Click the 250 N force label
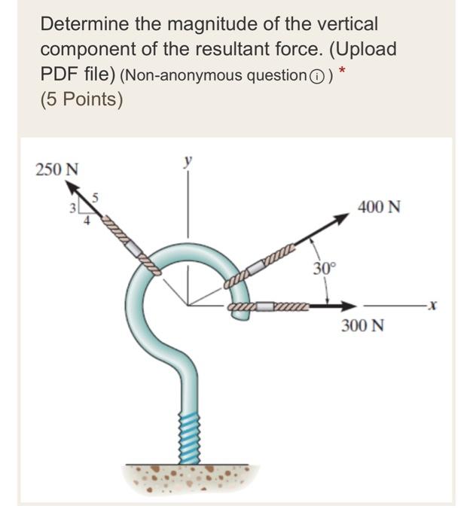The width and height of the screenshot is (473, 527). (56, 169)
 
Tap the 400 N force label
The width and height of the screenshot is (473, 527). (379, 207)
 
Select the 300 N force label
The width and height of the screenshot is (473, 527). (363, 326)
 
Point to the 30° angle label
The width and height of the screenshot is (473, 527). (325, 269)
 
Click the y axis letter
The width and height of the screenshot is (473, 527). (188, 160)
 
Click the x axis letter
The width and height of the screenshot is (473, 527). (433, 306)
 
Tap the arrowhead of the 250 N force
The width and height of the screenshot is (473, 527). (72, 187)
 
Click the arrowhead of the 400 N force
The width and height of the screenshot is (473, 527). (340, 218)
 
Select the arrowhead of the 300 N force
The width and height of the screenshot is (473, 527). (348, 306)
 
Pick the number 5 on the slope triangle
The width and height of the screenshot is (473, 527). (95, 198)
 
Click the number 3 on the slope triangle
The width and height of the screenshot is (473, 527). (72, 209)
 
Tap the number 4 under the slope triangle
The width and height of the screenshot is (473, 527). (87, 221)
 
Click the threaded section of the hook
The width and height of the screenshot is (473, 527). (189, 439)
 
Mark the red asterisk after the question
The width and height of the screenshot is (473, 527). (342, 70)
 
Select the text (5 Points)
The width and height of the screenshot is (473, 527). (81, 99)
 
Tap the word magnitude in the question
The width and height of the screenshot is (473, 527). (212, 25)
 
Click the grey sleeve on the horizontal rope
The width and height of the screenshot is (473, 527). (266, 306)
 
